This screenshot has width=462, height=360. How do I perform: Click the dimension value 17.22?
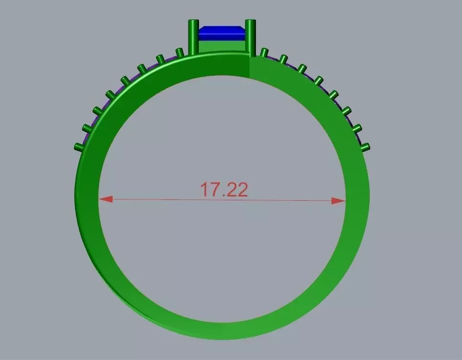(x=223, y=190)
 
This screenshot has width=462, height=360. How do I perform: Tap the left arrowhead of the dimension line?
(x=106, y=199)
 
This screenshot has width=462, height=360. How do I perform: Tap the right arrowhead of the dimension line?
(x=338, y=201)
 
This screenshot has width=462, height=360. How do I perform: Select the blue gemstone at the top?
(x=222, y=33)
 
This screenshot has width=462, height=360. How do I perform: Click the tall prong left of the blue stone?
(x=193, y=37)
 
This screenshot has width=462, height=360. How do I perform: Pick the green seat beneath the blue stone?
(x=222, y=46)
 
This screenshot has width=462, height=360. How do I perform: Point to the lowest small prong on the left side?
(x=77, y=146)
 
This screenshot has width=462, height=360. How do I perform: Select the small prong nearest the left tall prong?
(x=179, y=52)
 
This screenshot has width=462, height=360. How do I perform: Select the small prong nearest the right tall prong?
(x=264, y=52)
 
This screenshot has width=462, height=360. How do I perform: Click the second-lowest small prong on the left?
(x=87, y=128)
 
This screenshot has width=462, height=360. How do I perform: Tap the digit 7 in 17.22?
(x=214, y=190)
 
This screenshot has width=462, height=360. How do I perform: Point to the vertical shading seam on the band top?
(x=249, y=67)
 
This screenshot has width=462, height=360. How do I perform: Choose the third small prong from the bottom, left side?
(x=98, y=111)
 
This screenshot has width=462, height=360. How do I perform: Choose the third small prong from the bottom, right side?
(x=346, y=111)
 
